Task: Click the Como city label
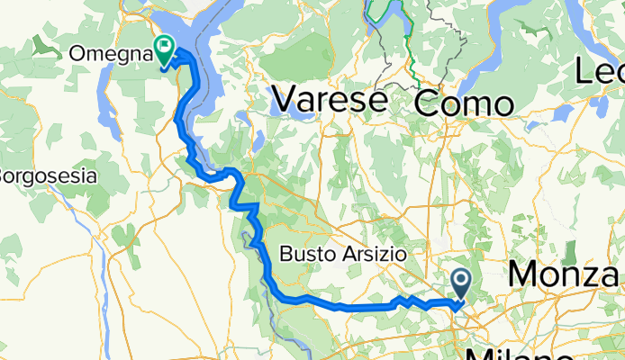(464, 103)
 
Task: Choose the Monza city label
(566, 274)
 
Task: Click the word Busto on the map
(307, 255)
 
